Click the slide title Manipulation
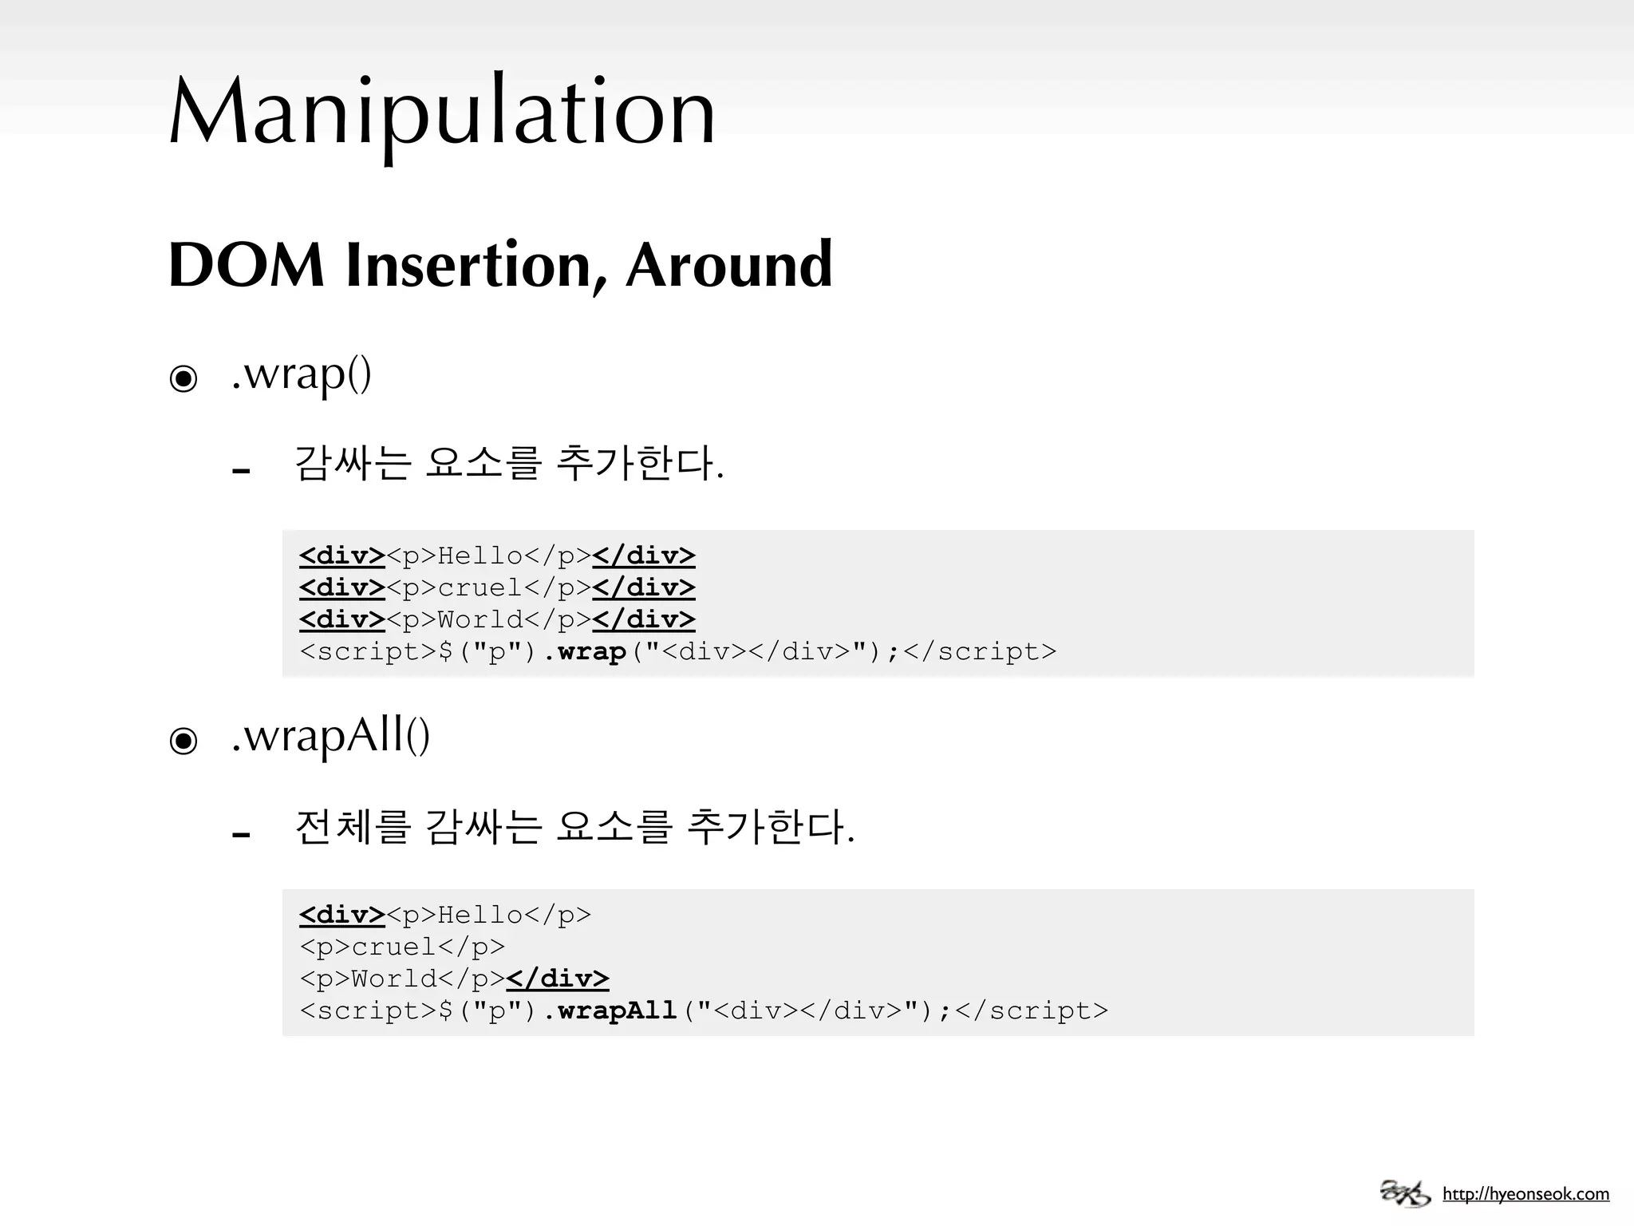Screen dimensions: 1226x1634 [443, 112]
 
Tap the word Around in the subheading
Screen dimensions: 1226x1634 [728, 265]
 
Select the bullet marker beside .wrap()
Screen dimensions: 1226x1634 [184, 378]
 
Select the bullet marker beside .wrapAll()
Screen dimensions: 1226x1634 [184, 741]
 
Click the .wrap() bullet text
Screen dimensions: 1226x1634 [302, 374]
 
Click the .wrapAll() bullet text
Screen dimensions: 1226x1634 [330, 736]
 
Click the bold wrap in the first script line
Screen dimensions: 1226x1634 [591, 652]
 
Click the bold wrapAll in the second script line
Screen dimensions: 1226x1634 [617, 1011]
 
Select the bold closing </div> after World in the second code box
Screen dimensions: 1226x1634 [558, 979]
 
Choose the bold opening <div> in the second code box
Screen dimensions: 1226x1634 [342, 915]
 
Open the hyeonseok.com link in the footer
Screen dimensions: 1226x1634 [1525, 1195]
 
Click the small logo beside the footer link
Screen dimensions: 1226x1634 [1405, 1193]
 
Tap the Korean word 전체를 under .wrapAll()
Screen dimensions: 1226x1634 [352, 827]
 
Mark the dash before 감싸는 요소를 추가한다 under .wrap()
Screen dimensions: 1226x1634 [241, 471]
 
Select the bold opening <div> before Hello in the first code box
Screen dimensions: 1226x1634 [342, 556]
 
